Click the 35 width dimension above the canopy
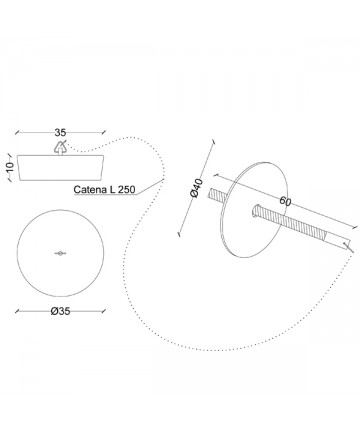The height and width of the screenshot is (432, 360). tap(60, 132)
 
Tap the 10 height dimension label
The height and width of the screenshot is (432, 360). tap(10, 166)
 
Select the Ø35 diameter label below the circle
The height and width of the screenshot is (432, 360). tap(61, 311)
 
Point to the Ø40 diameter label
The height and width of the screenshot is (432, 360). tap(196, 188)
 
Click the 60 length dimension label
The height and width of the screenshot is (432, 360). tap(286, 201)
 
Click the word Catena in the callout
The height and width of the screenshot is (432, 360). tap(90, 190)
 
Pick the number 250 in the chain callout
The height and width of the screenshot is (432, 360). tap(126, 190)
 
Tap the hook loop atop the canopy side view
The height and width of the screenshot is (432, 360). tap(60, 147)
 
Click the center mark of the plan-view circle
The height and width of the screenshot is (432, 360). tap(60, 253)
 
